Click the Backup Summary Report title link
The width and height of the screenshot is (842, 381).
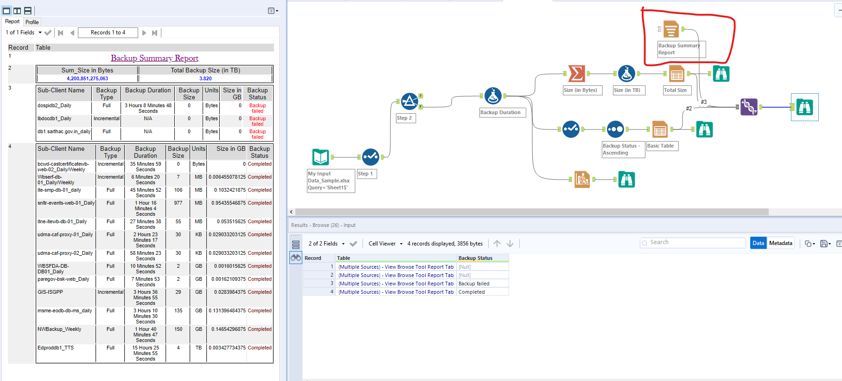click(x=154, y=58)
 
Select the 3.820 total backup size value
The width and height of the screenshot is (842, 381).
click(x=205, y=78)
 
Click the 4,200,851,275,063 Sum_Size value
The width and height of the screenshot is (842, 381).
click(x=87, y=78)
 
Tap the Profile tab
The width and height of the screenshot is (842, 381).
click(x=32, y=22)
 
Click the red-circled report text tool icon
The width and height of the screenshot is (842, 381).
click(x=670, y=29)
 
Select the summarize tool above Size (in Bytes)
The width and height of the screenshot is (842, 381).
click(x=576, y=73)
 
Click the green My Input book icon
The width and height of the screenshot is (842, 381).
click(x=320, y=157)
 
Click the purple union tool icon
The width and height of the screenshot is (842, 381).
click(x=749, y=107)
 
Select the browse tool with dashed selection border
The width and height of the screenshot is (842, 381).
click(x=804, y=107)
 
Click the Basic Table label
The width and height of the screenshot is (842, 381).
click(x=662, y=146)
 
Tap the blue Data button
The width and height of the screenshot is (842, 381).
click(x=758, y=243)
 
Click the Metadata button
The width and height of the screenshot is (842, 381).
click(x=780, y=243)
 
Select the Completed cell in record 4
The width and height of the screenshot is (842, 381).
click(x=472, y=292)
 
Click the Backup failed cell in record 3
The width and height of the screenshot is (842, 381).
click(x=474, y=284)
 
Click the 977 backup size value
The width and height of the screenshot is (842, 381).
click(x=178, y=203)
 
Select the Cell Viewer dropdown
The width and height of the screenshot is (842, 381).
click(x=385, y=244)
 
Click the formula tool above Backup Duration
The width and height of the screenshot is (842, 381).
click(x=493, y=96)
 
